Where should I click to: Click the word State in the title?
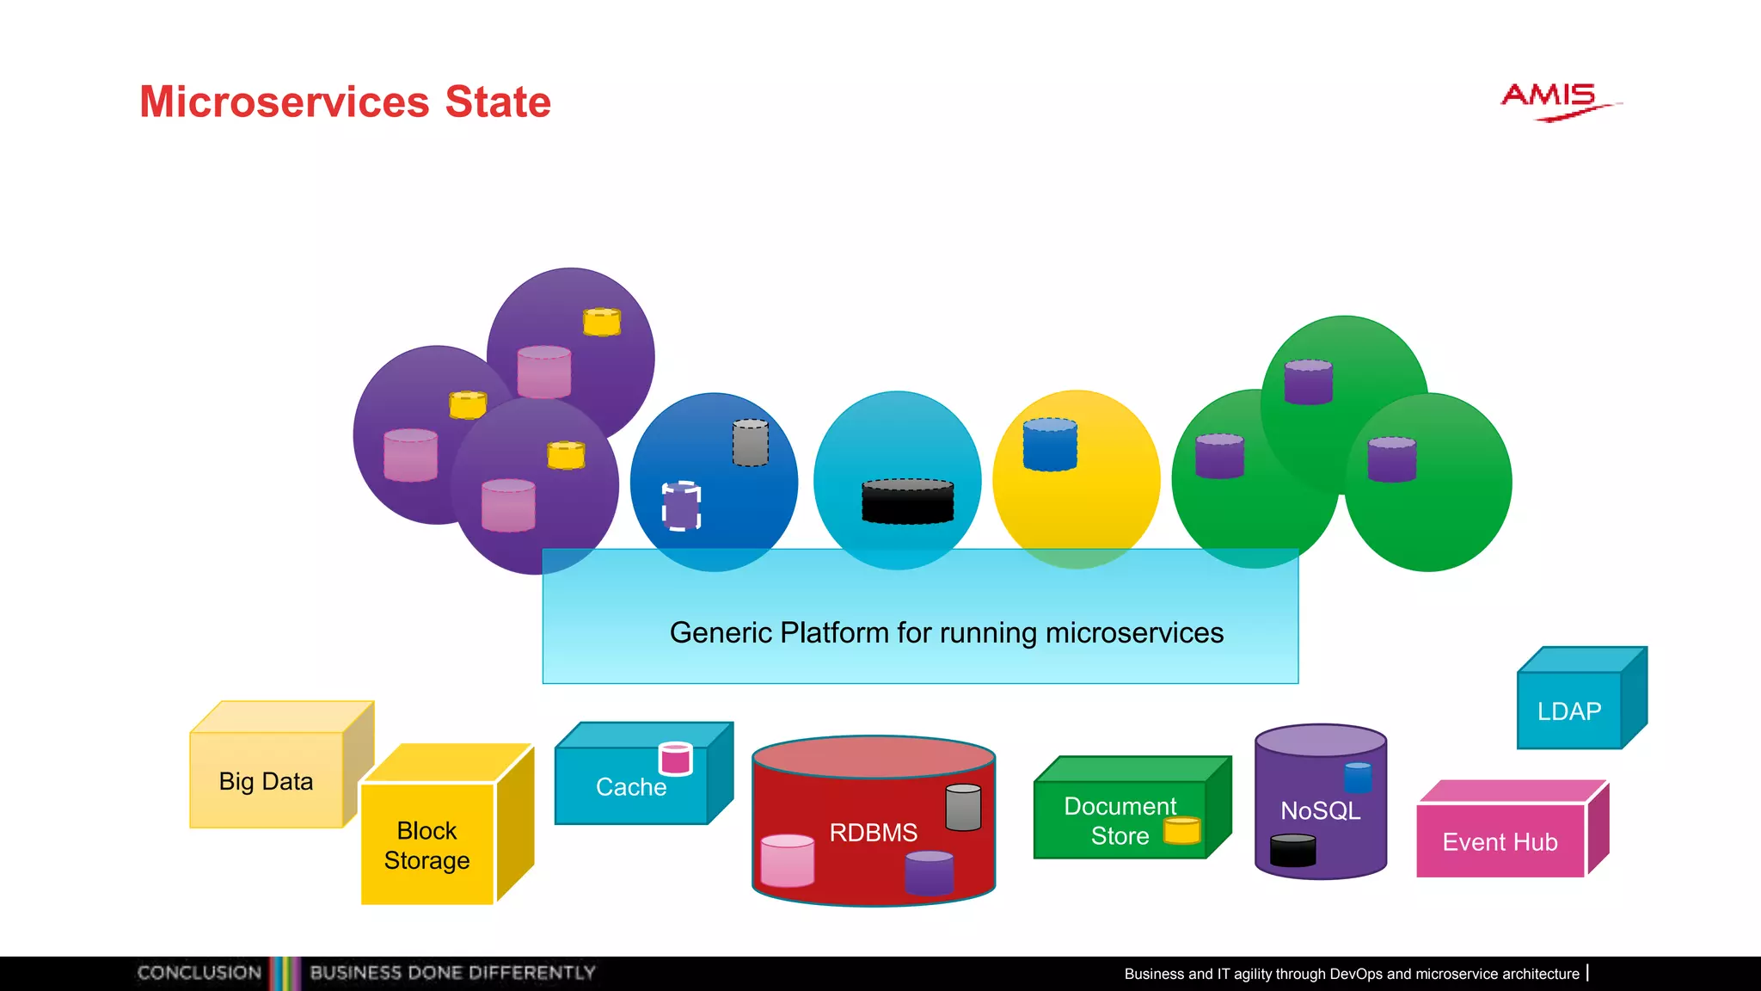pos(497,102)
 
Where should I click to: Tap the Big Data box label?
pos(266,781)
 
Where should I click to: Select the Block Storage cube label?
pos(426,846)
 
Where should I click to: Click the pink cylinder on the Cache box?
pos(675,759)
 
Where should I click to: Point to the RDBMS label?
pos(873,833)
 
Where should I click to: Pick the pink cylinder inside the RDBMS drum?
pos(787,860)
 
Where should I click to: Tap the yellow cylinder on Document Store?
pos(1181,831)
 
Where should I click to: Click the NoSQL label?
pos(1320,810)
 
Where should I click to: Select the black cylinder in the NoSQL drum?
pos(1292,850)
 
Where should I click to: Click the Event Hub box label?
pos(1500,842)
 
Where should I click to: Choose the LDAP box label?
pos(1568,711)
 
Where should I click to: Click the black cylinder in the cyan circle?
pos(907,502)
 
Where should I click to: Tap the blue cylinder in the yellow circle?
pos(1050,445)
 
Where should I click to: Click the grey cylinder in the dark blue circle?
pos(750,443)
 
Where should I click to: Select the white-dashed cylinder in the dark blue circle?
pos(681,506)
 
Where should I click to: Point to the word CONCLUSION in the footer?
pos(199,973)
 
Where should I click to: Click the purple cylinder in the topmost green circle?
pos(1308,382)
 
